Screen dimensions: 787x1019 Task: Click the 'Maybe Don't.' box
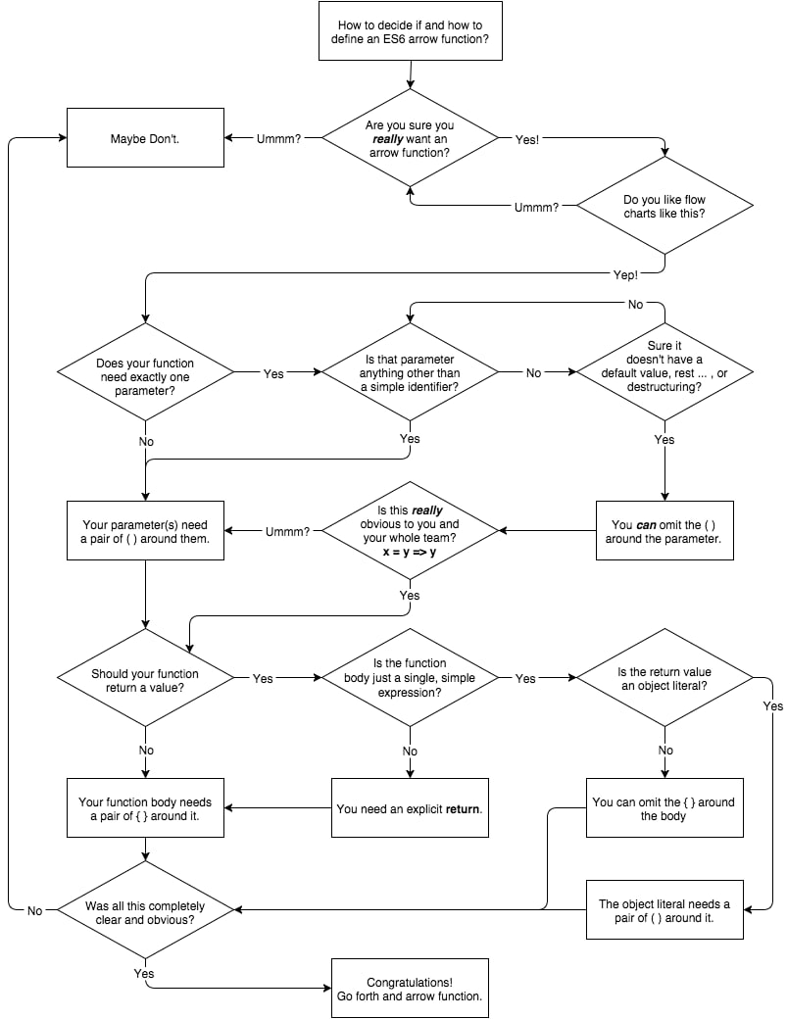pos(145,138)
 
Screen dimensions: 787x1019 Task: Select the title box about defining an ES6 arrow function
pos(410,31)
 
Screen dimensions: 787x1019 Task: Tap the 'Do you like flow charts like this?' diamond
pos(664,206)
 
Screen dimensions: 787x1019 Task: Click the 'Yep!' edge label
pos(625,275)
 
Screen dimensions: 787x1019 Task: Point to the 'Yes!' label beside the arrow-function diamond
pos(527,139)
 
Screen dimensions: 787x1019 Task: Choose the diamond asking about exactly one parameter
pos(145,373)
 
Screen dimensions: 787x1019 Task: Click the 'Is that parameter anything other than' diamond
pos(410,372)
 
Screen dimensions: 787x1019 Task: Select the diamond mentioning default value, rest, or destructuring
pos(664,372)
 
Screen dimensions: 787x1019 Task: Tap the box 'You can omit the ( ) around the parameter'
pos(664,531)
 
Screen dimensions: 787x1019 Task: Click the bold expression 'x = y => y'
pos(410,552)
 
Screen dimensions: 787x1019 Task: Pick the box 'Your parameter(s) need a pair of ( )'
pos(145,531)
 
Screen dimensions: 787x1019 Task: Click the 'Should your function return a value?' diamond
pos(145,678)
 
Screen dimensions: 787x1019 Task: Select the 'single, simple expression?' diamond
pos(410,678)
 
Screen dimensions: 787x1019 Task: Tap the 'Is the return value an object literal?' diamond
pos(664,678)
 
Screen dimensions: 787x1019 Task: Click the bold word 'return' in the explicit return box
pos(462,809)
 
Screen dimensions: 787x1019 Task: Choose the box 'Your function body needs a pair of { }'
pos(145,807)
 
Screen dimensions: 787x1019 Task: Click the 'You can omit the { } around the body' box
pos(664,807)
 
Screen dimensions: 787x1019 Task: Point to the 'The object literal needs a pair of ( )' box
pos(664,910)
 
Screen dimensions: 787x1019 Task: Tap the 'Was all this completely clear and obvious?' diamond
pos(145,910)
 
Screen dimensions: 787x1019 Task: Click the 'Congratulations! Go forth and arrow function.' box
pos(410,989)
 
